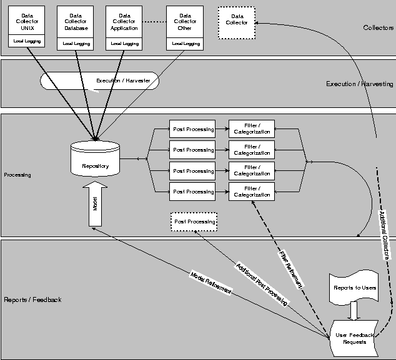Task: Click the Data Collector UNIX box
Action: point(27,22)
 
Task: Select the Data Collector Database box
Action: point(76,22)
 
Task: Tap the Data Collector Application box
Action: point(124,22)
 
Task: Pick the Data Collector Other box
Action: point(185,22)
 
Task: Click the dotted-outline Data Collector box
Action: point(235,22)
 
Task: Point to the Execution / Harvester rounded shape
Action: point(100,81)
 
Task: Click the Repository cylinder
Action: point(96,160)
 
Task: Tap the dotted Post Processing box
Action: point(194,221)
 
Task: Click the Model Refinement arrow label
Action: point(210,283)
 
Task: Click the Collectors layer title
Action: point(378,28)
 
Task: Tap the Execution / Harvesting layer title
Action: point(360,84)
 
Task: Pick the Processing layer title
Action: point(17,175)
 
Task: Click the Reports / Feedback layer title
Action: point(33,300)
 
